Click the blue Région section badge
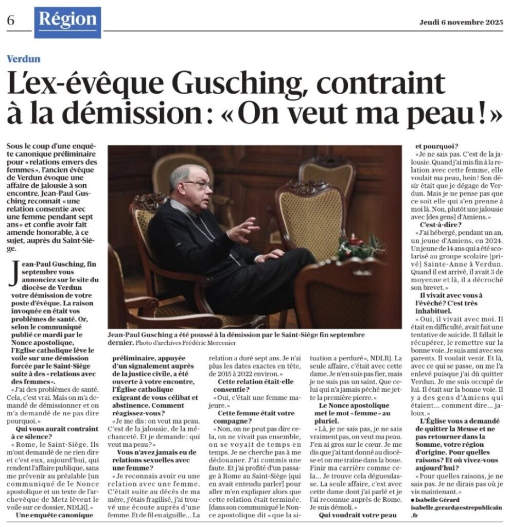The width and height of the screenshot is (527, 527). point(68,21)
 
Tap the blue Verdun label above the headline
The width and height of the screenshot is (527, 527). point(24,59)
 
